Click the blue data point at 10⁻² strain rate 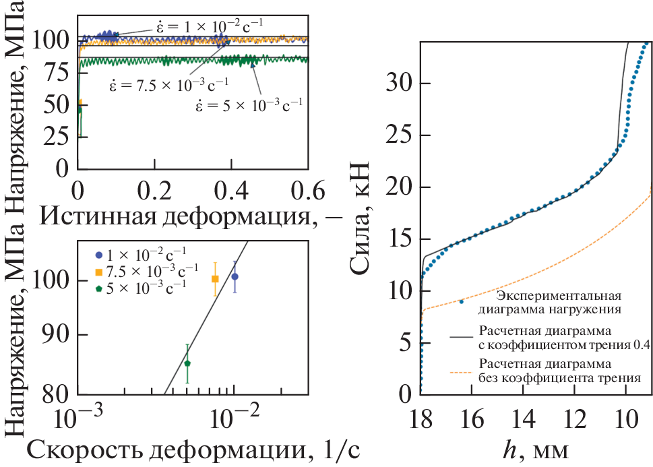235,276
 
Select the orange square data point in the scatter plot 215,278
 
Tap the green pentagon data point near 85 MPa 187,363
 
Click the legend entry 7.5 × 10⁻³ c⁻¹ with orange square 152,272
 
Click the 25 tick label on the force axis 399,135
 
